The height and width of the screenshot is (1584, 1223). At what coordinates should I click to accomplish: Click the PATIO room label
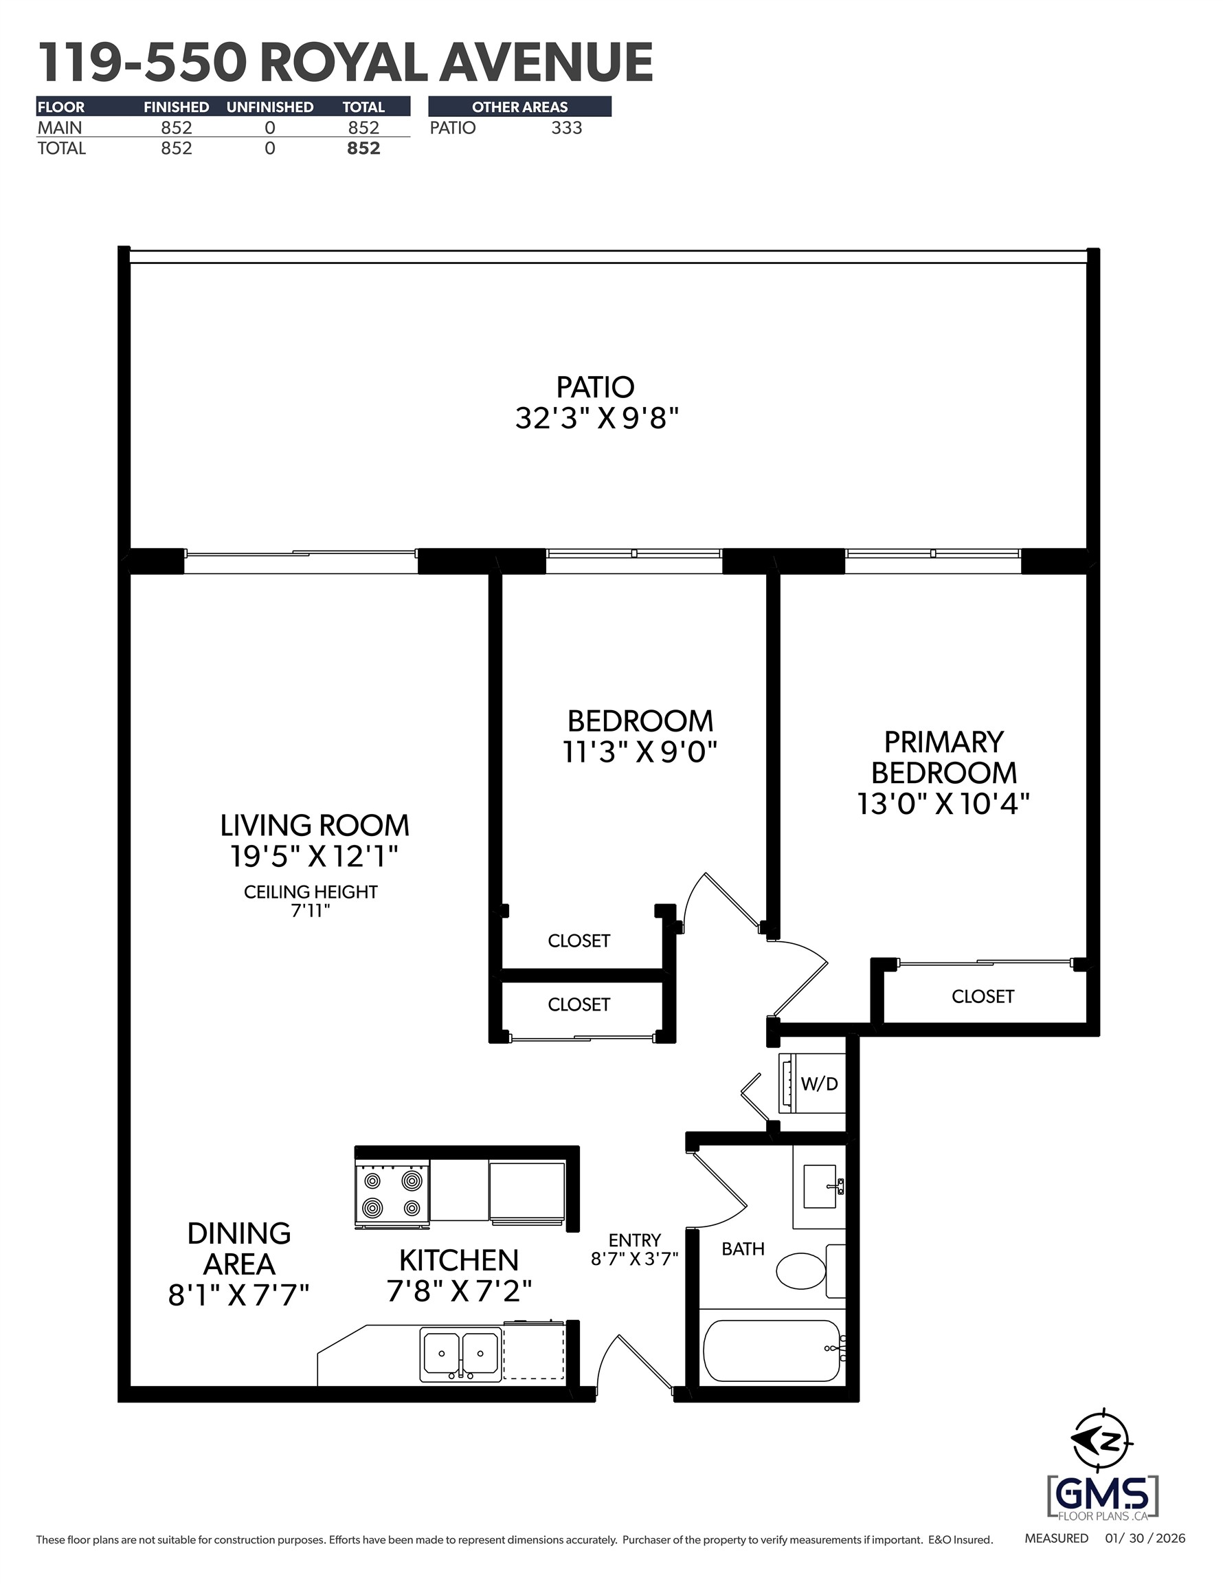(x=595, y=387)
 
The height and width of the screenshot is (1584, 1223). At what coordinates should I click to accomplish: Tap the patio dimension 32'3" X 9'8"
(x=596, y=419)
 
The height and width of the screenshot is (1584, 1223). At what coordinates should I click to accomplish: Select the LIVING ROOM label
(x=315, y=826)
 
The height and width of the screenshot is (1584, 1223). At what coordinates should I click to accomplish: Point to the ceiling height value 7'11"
(x=311, y=911)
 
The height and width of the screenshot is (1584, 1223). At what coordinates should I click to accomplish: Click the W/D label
(x=819, y=1104)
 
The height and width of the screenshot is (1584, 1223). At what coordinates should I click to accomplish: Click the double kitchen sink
(x=460, y=1354)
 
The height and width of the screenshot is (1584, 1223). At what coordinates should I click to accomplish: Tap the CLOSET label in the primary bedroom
(x=983, y=995)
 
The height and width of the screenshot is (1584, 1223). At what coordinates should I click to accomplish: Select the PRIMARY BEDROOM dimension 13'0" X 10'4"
(x=943, y=804)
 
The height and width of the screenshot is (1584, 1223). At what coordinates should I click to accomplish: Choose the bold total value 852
(x=363, y=148)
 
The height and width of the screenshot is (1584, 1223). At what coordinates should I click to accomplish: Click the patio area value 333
(x=566, y=128)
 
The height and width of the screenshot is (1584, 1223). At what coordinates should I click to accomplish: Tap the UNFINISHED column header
(x=270, y=107)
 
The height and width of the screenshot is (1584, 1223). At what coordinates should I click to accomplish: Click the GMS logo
(x=1102, y=1495)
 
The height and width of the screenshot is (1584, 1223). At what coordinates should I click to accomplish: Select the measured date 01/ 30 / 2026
(x=1145, y=1539)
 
